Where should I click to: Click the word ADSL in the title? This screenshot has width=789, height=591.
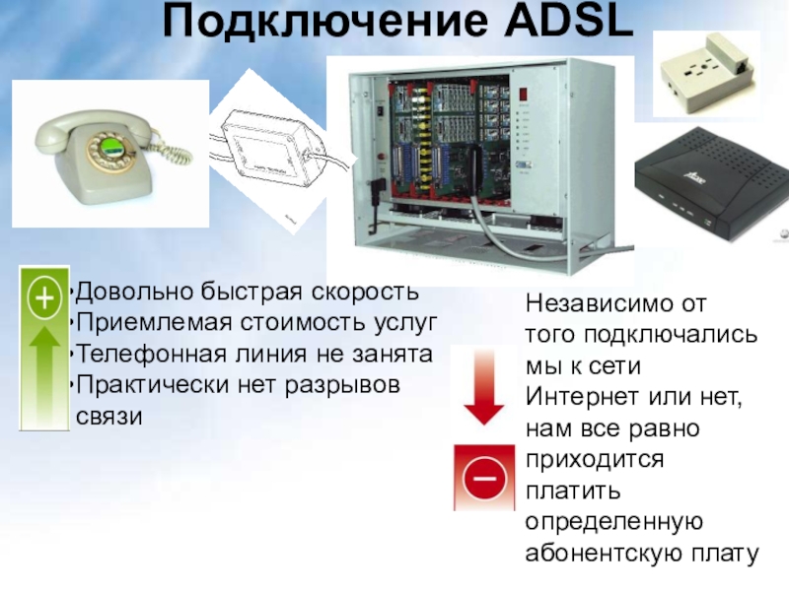pyautogui.click(x=560, y=22)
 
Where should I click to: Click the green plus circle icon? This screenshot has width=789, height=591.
pyautogui.click(x=42, y=297)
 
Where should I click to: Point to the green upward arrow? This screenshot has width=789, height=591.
pyautogui.click(x=42, y=374)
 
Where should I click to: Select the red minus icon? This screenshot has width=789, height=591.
pyautogui.click(x=483, y=479)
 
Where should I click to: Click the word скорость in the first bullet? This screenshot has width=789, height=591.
pyautogui.click(x=366, y=293)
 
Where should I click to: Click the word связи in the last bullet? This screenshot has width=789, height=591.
pyautogui.click(x=108, y=416)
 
